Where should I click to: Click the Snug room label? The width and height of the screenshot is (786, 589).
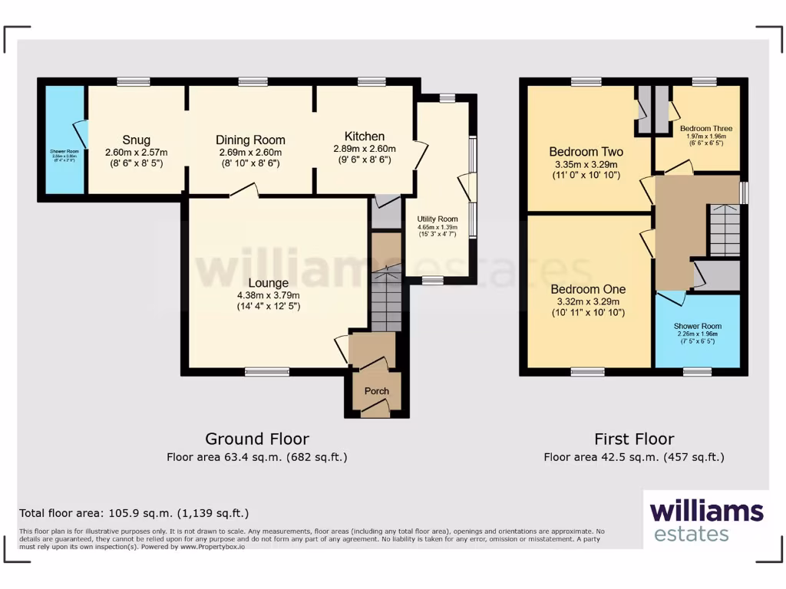136,140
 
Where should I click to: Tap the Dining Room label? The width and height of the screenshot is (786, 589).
250,140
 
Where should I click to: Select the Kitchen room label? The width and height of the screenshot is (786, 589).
364,137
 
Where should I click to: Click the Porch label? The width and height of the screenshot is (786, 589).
376,391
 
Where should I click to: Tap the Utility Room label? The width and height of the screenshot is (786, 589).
438,219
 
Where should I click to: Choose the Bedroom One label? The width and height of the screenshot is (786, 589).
588,289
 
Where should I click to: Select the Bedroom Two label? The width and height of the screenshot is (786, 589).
586,151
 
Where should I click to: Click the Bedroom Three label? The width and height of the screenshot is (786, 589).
705,129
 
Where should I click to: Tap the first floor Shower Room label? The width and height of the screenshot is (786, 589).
697,326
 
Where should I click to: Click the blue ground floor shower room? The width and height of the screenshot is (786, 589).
64,140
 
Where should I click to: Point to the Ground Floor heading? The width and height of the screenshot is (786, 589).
256,439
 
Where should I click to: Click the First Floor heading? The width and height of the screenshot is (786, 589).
634,439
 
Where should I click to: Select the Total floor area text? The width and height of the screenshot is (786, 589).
134,513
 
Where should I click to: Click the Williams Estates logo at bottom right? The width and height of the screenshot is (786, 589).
705,521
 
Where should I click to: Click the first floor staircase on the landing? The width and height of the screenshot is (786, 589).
724,230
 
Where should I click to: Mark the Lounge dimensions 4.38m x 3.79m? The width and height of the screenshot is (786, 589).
268,296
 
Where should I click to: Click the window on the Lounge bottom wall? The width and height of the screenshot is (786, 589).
267,372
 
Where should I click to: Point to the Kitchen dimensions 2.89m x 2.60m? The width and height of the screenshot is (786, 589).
364,149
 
